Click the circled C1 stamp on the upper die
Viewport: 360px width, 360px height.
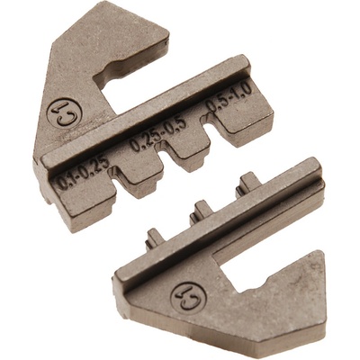[x=64, y=113]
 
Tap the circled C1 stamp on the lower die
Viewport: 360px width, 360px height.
[x=189, y=298]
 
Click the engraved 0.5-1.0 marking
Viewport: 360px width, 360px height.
[x=229, y=97]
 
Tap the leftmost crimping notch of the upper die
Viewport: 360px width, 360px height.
[x=114, y=177]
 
